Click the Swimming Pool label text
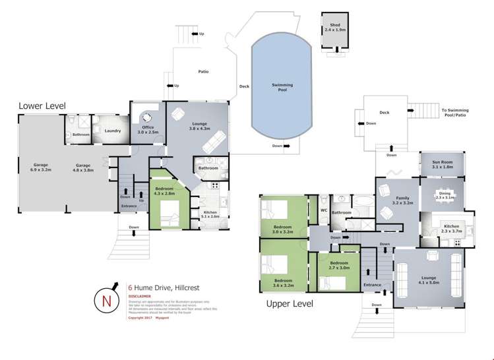coord(282,87)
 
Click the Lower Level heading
coord(42,105)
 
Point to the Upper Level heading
coord(289,304)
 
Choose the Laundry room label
coord(113,131)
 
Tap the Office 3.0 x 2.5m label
coord(145,129)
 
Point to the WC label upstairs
coord(323,210)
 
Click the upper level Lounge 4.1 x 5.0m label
coord(429,280)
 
